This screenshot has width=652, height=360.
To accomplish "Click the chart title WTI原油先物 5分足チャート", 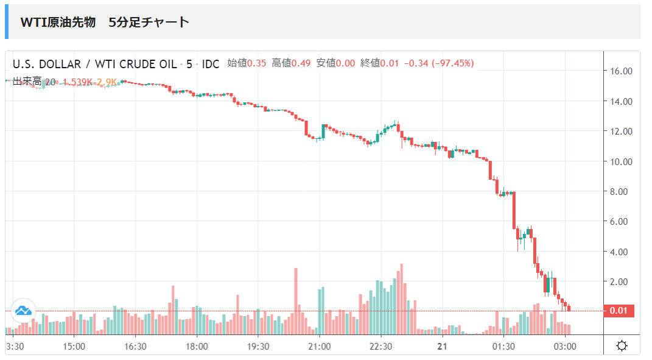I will pyautogui.click(x=105, y=23).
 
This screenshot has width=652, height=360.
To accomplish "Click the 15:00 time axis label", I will pyautogui.click(x=74, y=346).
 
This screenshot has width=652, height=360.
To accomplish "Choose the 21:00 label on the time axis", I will pyautogui.click(x=319, y=346).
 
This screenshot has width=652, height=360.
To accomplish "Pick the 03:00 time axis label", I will pyautogui.click(x=564, y=346).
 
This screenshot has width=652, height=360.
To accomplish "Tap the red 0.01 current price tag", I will pyautogui.click(x=619, y=311).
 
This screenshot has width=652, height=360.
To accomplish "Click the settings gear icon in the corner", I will pyautogui.click(x=622, y=346).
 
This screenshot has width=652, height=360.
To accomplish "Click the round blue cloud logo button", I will pyautogui.click(x=23, y=311).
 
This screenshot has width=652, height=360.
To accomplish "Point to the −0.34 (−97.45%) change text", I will pyautogui.click(x=438, y=63).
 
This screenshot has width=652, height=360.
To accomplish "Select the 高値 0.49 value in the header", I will pyautogui.click(x=291, y=63).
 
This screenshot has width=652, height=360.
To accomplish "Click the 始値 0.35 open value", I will pyautogui.click(x=247, y=63).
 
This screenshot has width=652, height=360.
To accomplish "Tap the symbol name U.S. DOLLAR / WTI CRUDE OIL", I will pyautogui.click(x=94, y=64).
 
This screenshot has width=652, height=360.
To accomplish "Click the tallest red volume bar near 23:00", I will pyautogui.click(x=402, y=298).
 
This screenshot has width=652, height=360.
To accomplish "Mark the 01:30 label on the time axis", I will pyautogui.click(x=503, y=346).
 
